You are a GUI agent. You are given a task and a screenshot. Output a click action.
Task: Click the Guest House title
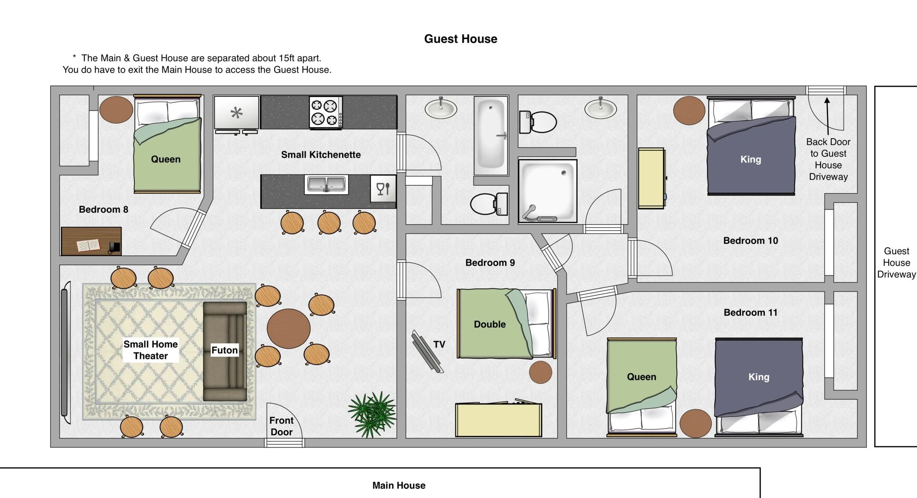(x=461, y=39)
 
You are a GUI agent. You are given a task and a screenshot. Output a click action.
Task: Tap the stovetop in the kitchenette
(x=326, y=112)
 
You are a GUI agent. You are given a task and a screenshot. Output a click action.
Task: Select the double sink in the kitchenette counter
(x=326, y=184)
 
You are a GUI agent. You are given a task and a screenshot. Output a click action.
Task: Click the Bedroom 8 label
(x=103, y=209)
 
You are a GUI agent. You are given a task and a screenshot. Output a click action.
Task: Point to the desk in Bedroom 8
(x=91, y=241)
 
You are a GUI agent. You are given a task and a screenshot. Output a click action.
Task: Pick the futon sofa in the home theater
(x=225, y=351)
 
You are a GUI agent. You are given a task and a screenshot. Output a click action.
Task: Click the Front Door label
(x=281, y=426)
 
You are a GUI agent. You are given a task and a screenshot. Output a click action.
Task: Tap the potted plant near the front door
(x=372, y=414)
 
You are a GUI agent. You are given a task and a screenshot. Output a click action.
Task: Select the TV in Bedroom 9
(x=427, y=351)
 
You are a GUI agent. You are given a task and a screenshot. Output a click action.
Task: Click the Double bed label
(x=490, y=324)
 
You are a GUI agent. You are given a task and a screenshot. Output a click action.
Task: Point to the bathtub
(x=491, y=136)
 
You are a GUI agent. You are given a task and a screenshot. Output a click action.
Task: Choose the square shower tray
(x=547, y=191)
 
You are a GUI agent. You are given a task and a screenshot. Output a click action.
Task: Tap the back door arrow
(x=827, y=116)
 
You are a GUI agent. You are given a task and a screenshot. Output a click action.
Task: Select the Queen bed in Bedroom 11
(x=642, y=387)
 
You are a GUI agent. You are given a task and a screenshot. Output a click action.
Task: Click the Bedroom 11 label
(x=750, y=312)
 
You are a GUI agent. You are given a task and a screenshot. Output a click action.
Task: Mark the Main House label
(x=399, y=486)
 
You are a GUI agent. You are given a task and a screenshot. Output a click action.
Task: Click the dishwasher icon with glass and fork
(x=383, y=189)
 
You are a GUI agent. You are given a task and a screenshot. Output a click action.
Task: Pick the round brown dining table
(x=289, y=329)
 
